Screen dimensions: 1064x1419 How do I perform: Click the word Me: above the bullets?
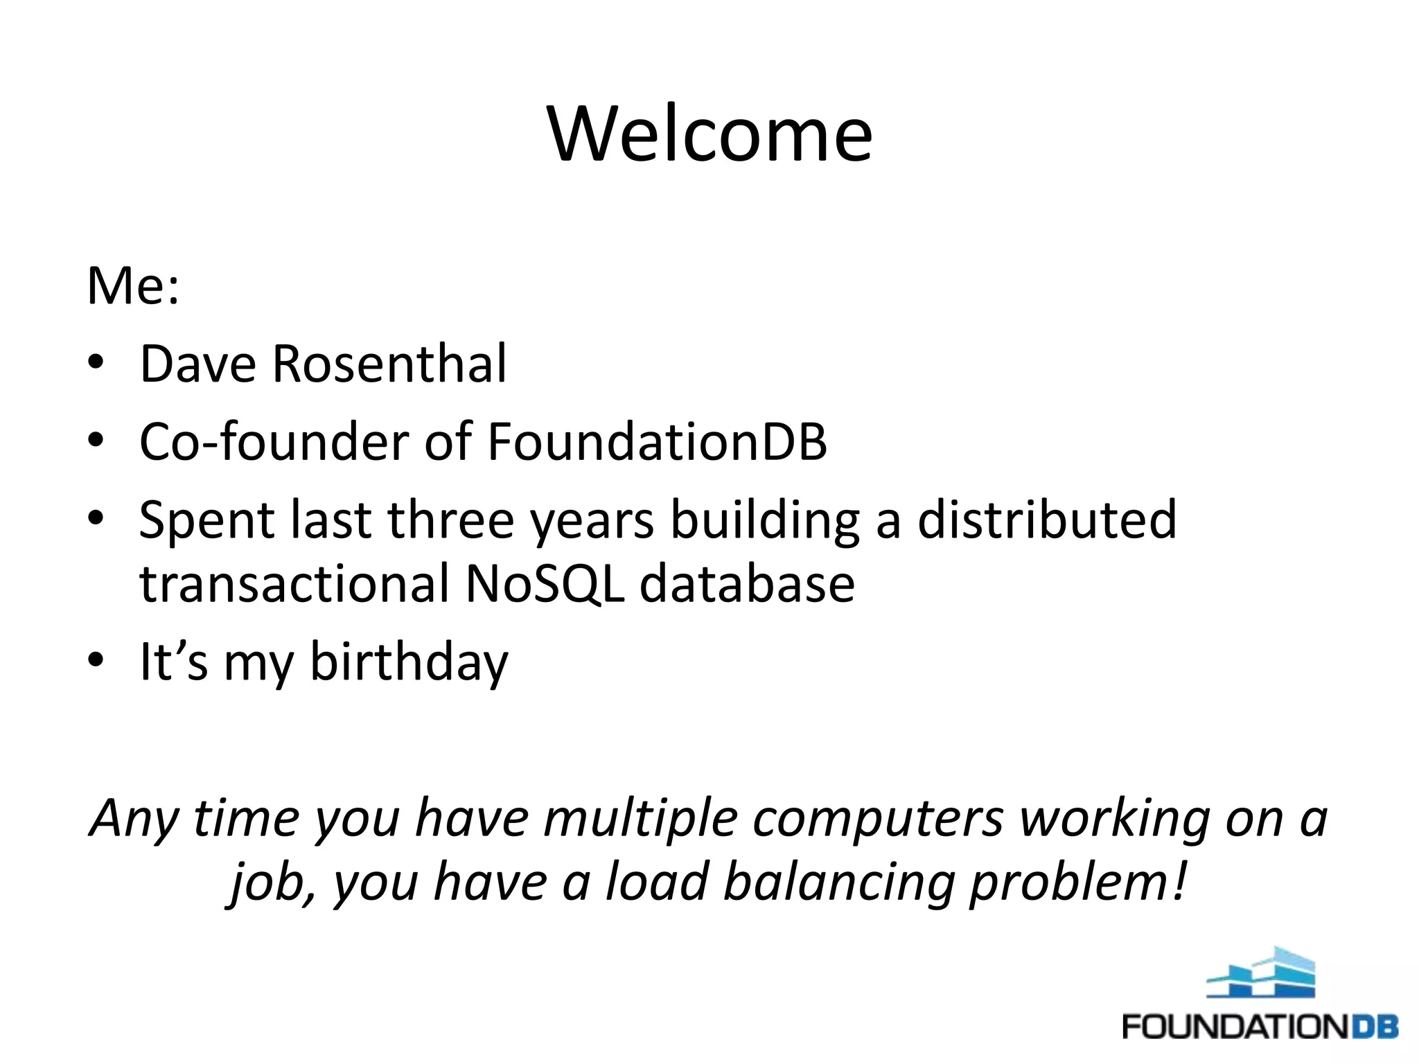132,286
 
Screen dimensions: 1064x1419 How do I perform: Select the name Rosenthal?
389,364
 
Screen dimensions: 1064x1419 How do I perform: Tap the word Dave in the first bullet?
197,364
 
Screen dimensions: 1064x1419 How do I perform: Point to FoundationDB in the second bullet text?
657,441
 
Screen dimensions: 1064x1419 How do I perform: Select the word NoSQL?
545,584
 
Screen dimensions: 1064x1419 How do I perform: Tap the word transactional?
294,584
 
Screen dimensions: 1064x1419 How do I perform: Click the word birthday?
408,662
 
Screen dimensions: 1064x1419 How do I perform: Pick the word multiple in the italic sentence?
640,818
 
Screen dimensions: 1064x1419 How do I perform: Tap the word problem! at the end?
1078,883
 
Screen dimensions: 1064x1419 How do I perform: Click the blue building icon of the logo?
1261,973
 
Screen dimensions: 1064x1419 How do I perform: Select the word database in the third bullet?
746,584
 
